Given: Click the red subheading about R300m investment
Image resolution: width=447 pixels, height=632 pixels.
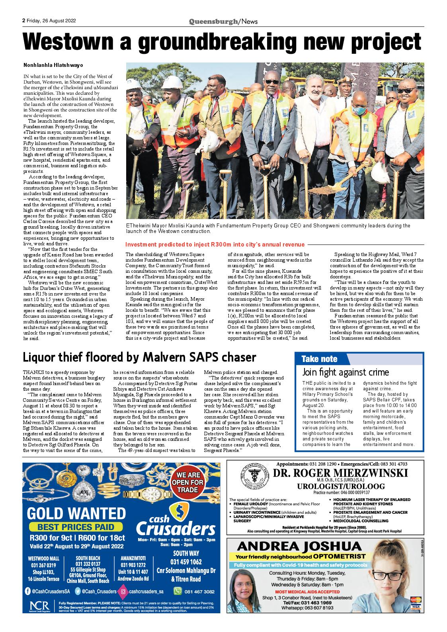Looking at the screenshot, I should pyautogui.click(x=215, y=245).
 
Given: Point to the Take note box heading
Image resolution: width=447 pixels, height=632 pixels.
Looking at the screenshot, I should pyautogui.click(x=319, y=359).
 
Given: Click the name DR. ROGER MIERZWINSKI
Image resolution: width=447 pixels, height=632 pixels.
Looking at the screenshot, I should pyautogui.click(x=340, y=473).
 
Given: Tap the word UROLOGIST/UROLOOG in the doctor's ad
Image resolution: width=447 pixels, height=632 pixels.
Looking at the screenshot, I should pyautogui.click(x=340, y=486).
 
